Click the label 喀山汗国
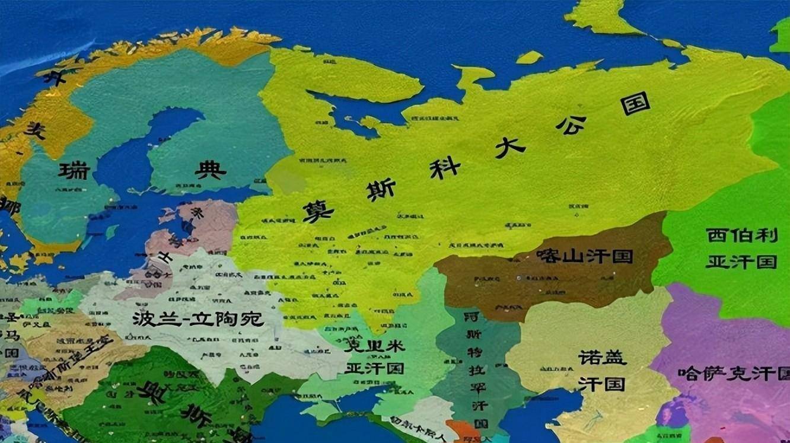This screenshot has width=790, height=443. pyautogui.click(x=584, y=256)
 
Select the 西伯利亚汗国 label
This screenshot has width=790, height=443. pyautogui.click(x=741, y=248)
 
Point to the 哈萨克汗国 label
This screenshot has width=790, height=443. pyautogui.click(x=734, y=374)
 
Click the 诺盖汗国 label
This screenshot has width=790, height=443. pyautogui.click(x=602, y=371)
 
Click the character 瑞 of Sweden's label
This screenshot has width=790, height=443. pyautogui.click(x=74, y=171)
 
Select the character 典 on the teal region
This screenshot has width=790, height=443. pyautogui.click(x=211, y=171)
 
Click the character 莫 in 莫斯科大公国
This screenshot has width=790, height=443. pyautogui.click(x=318, y=211)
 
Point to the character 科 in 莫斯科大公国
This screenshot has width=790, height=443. pyautogui.click(x=445, y=167)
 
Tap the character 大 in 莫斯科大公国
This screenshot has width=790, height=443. pyautogui.click(x=510, y=146)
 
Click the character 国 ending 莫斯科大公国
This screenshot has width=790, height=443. pyautogui.click(x=635, y=103)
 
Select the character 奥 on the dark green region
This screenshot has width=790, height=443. pyautogui.click(x=151, y=392)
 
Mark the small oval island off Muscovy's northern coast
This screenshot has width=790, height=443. pyautogui.click(x=529, y=57)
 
